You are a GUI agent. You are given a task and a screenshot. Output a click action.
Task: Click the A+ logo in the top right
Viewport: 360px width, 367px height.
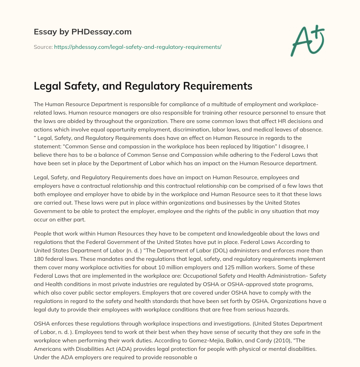(307, 41)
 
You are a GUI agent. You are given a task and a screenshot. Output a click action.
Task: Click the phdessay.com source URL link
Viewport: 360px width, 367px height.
(137, 47)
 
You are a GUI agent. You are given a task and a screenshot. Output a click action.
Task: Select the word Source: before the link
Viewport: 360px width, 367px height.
(43, 47)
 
